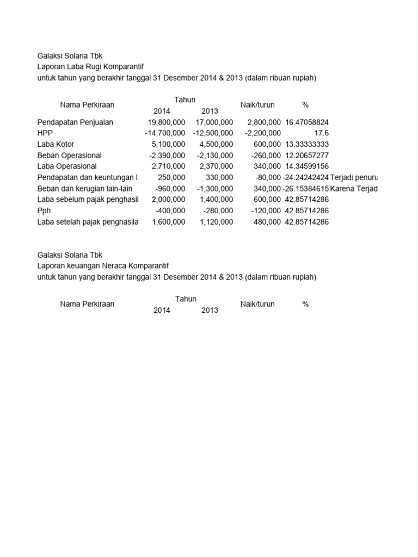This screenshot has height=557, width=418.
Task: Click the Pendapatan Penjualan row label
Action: pos(75,122)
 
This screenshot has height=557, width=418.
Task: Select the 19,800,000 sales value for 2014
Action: pos(167,122)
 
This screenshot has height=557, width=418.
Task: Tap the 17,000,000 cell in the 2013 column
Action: pos(214,122)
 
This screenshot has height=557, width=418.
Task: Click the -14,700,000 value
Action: pos(165,133)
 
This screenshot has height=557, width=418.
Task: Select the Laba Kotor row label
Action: pos(56,144)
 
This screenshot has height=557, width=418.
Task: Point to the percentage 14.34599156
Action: pos(307,166)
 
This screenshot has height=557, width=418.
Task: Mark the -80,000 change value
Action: pos(268,177)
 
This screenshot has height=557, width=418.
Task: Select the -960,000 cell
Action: pos(170,189)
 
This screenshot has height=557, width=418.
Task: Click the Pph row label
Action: pos(44,211)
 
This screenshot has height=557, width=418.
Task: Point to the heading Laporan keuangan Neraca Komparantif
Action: pos(103,265)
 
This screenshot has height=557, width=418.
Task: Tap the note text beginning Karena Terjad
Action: pos(353,189)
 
